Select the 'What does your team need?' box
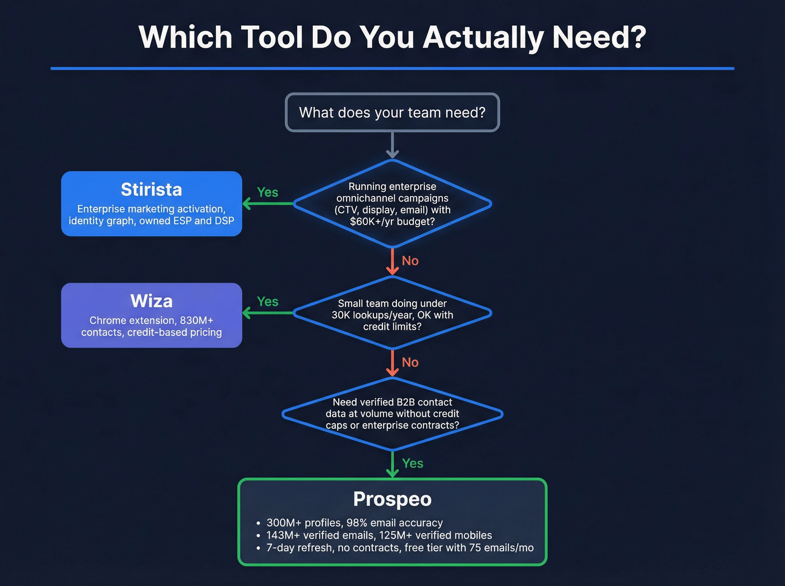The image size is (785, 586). coord(392,113)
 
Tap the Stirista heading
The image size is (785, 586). coord(151,190)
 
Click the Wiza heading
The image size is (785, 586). coord(151,301)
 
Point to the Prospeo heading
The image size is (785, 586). coord(392,499)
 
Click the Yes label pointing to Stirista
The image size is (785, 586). coord(267,192)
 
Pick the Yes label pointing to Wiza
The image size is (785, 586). coord(267,302)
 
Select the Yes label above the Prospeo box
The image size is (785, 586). coord(413,463)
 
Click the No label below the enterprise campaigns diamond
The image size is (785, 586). coord(410,261)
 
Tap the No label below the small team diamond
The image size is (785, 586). coord(410,362)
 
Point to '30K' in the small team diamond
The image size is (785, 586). coord(340,315)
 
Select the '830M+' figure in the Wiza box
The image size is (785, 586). coord(196,321)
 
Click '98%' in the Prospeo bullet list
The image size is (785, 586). coord(357,523)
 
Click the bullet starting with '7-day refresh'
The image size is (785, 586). coord(399,548)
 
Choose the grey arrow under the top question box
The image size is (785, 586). coord(392,146)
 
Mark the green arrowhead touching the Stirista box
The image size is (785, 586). coord(247,203)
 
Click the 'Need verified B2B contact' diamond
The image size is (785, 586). coord(392,414)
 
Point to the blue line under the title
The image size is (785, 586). coord(392,68)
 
